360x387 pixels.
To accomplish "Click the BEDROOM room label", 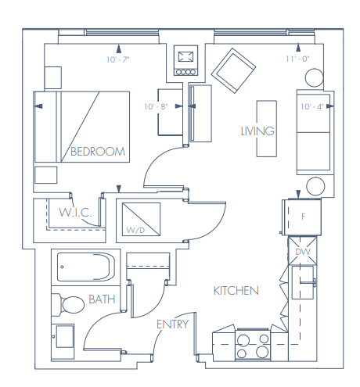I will point(97,152).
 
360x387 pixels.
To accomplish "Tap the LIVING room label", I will point(257,131).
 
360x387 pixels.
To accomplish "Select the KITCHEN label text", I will point(236,291).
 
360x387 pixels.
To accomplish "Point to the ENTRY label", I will point(172,324).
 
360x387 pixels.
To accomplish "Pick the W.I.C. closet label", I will point(76,213).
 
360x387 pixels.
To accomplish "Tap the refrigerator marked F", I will point(304,216).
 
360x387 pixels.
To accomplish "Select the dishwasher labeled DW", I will point(303,252).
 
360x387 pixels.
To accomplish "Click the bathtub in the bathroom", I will point(85,270).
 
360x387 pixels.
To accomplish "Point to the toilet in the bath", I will point(70,304).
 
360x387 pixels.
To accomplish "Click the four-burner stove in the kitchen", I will point(252,345).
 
